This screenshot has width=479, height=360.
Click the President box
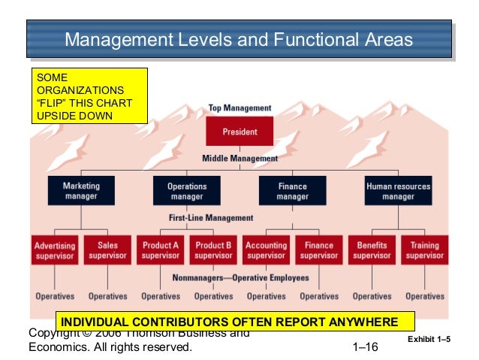pyautogui.click(x=239, y=132)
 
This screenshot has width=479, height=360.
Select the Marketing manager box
pyautogui.click(x=81, y=190)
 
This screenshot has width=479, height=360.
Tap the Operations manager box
pyautogui.click(x=187, y=190)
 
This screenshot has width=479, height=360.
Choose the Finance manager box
pyautogui.click(x=292, y=190)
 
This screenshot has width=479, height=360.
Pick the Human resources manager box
pyautogui.click(x=398, y=190)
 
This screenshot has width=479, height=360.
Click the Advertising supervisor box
pyautogui.click(x=55, y=250)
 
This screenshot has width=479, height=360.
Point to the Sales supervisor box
pyautogui.click(x=107, y=250)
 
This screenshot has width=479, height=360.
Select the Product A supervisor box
pyautogui.click(x=161, y=250)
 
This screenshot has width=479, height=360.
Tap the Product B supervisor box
pyautogui.click(x=213, y=250)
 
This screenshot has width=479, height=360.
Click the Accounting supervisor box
pyautogui.click(x=267, y=250)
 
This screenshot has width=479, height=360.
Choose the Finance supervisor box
pyautogui.click(x=319, y=250)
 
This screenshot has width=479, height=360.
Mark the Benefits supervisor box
pyautogui.click(x=372, y=250)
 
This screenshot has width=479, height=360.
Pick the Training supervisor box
pyautogui.click(x=424, y=250)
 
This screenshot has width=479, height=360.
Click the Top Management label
pyautogui.click(x=239, y=109)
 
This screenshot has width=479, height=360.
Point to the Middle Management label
pyautogui.click(x=239, y=159)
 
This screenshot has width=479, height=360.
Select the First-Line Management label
pyautogui.click(x=210, y=218)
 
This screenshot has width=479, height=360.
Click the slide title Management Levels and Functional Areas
pyautogui.click(x=239, y=40)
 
